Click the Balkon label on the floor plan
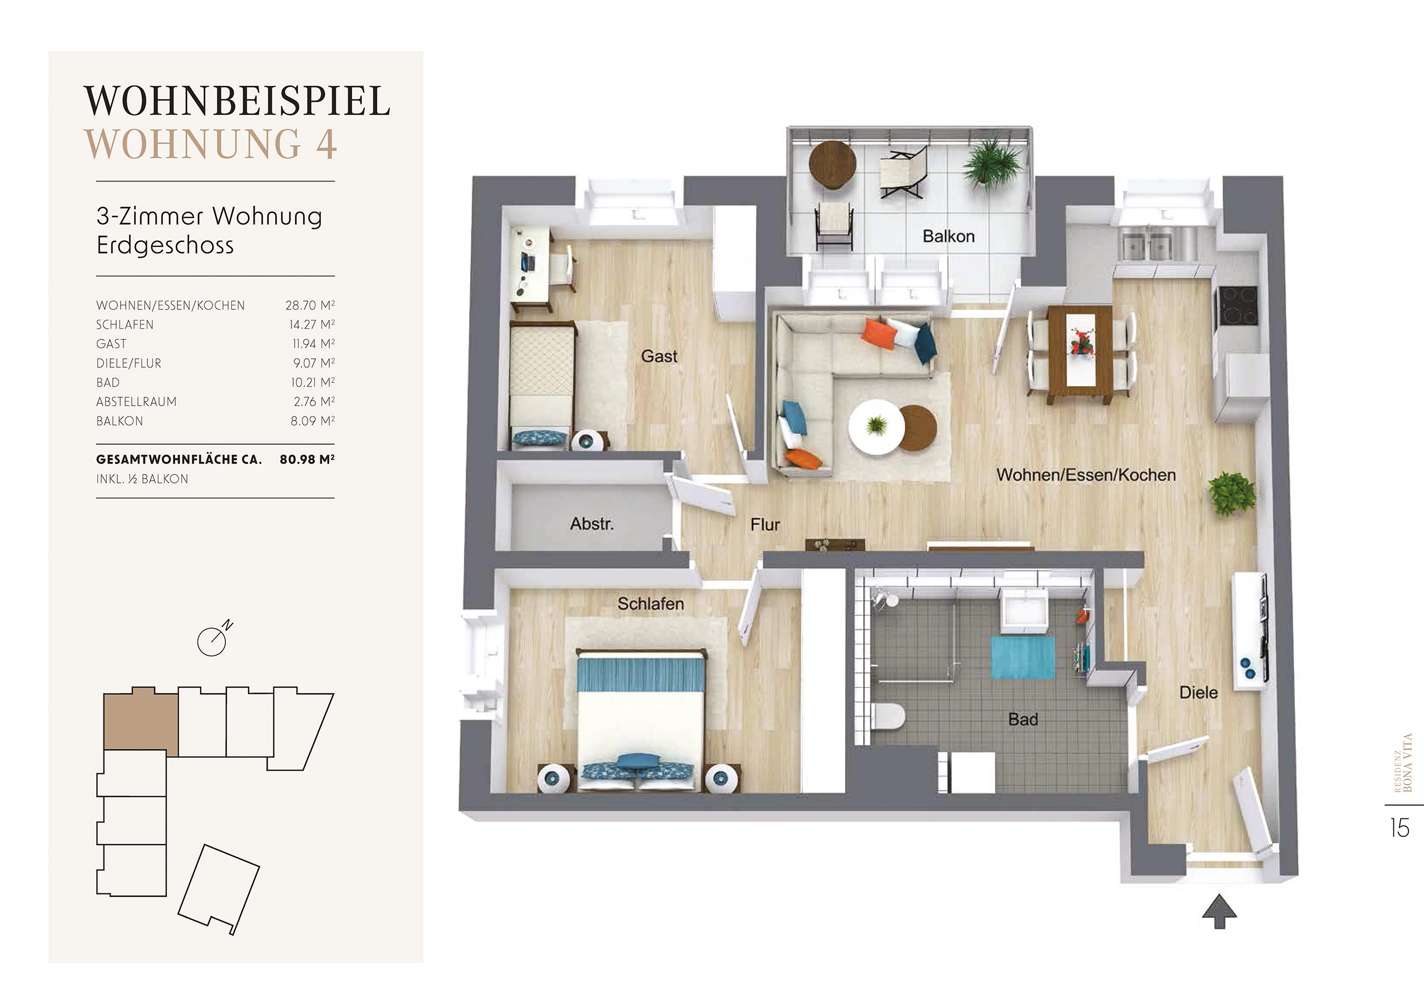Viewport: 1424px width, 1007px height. point(948,236)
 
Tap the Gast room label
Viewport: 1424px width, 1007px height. point(659,356)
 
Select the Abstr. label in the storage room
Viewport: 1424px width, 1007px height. point(592,524)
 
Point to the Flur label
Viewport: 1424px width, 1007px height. point(765,525)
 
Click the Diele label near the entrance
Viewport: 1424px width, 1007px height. point(1198,693)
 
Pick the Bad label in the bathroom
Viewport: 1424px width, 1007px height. point(1023,719)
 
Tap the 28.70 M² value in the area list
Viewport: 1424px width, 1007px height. point(310,305)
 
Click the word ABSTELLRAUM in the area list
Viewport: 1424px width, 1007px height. point(136,402)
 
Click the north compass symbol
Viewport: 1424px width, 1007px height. point(212,640)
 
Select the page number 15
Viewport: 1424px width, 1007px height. point(1401,828)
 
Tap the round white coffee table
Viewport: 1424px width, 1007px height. point(875,427)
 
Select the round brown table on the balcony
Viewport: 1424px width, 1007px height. point(833,165)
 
